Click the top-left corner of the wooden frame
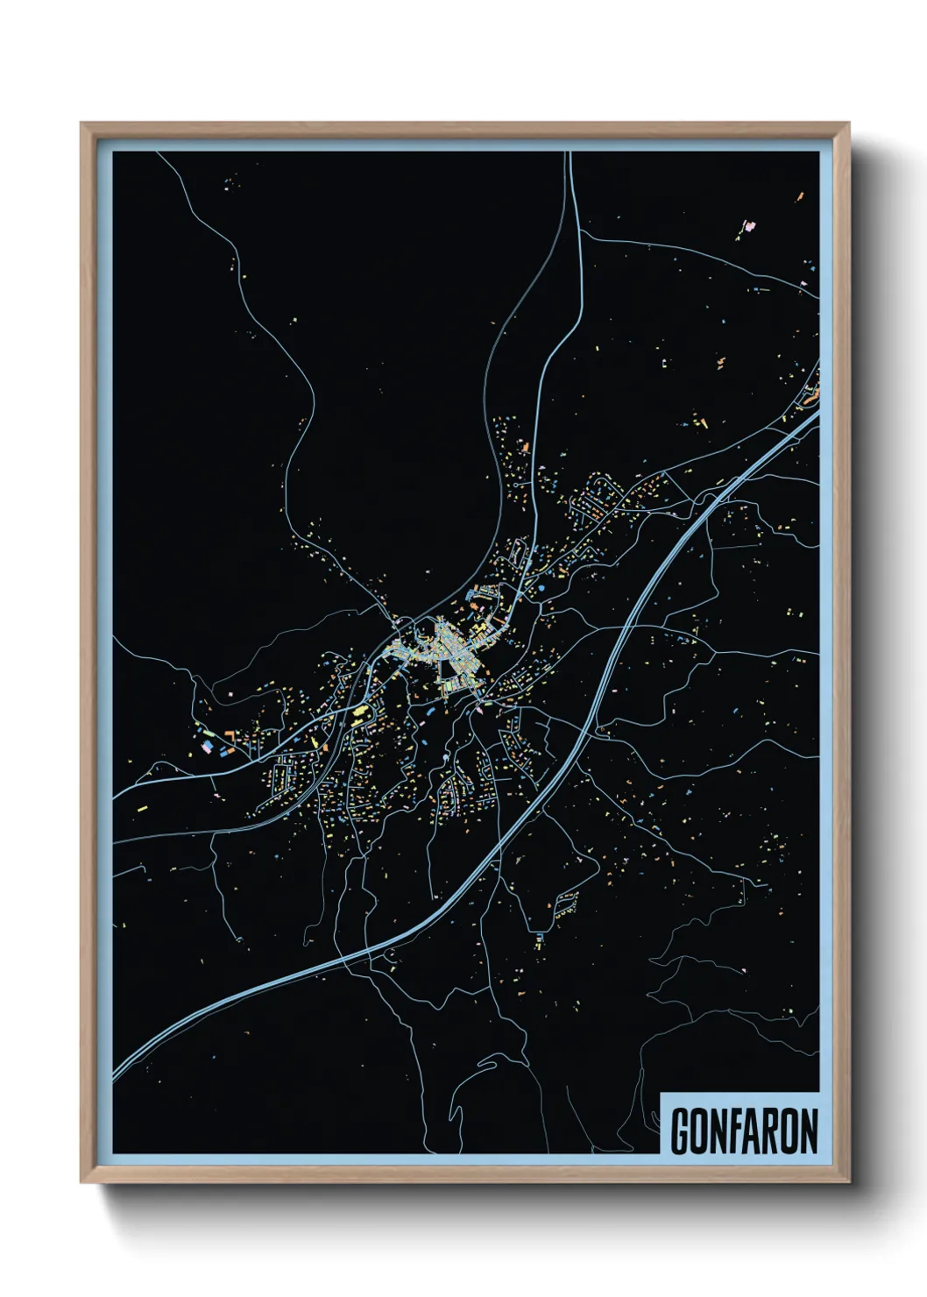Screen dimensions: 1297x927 click(82, 124)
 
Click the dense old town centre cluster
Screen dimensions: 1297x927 click(442, 653)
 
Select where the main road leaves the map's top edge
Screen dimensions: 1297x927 click(569, 154)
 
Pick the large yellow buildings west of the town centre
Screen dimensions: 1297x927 click(359, 712)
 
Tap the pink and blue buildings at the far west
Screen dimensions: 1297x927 click(210, 745)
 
